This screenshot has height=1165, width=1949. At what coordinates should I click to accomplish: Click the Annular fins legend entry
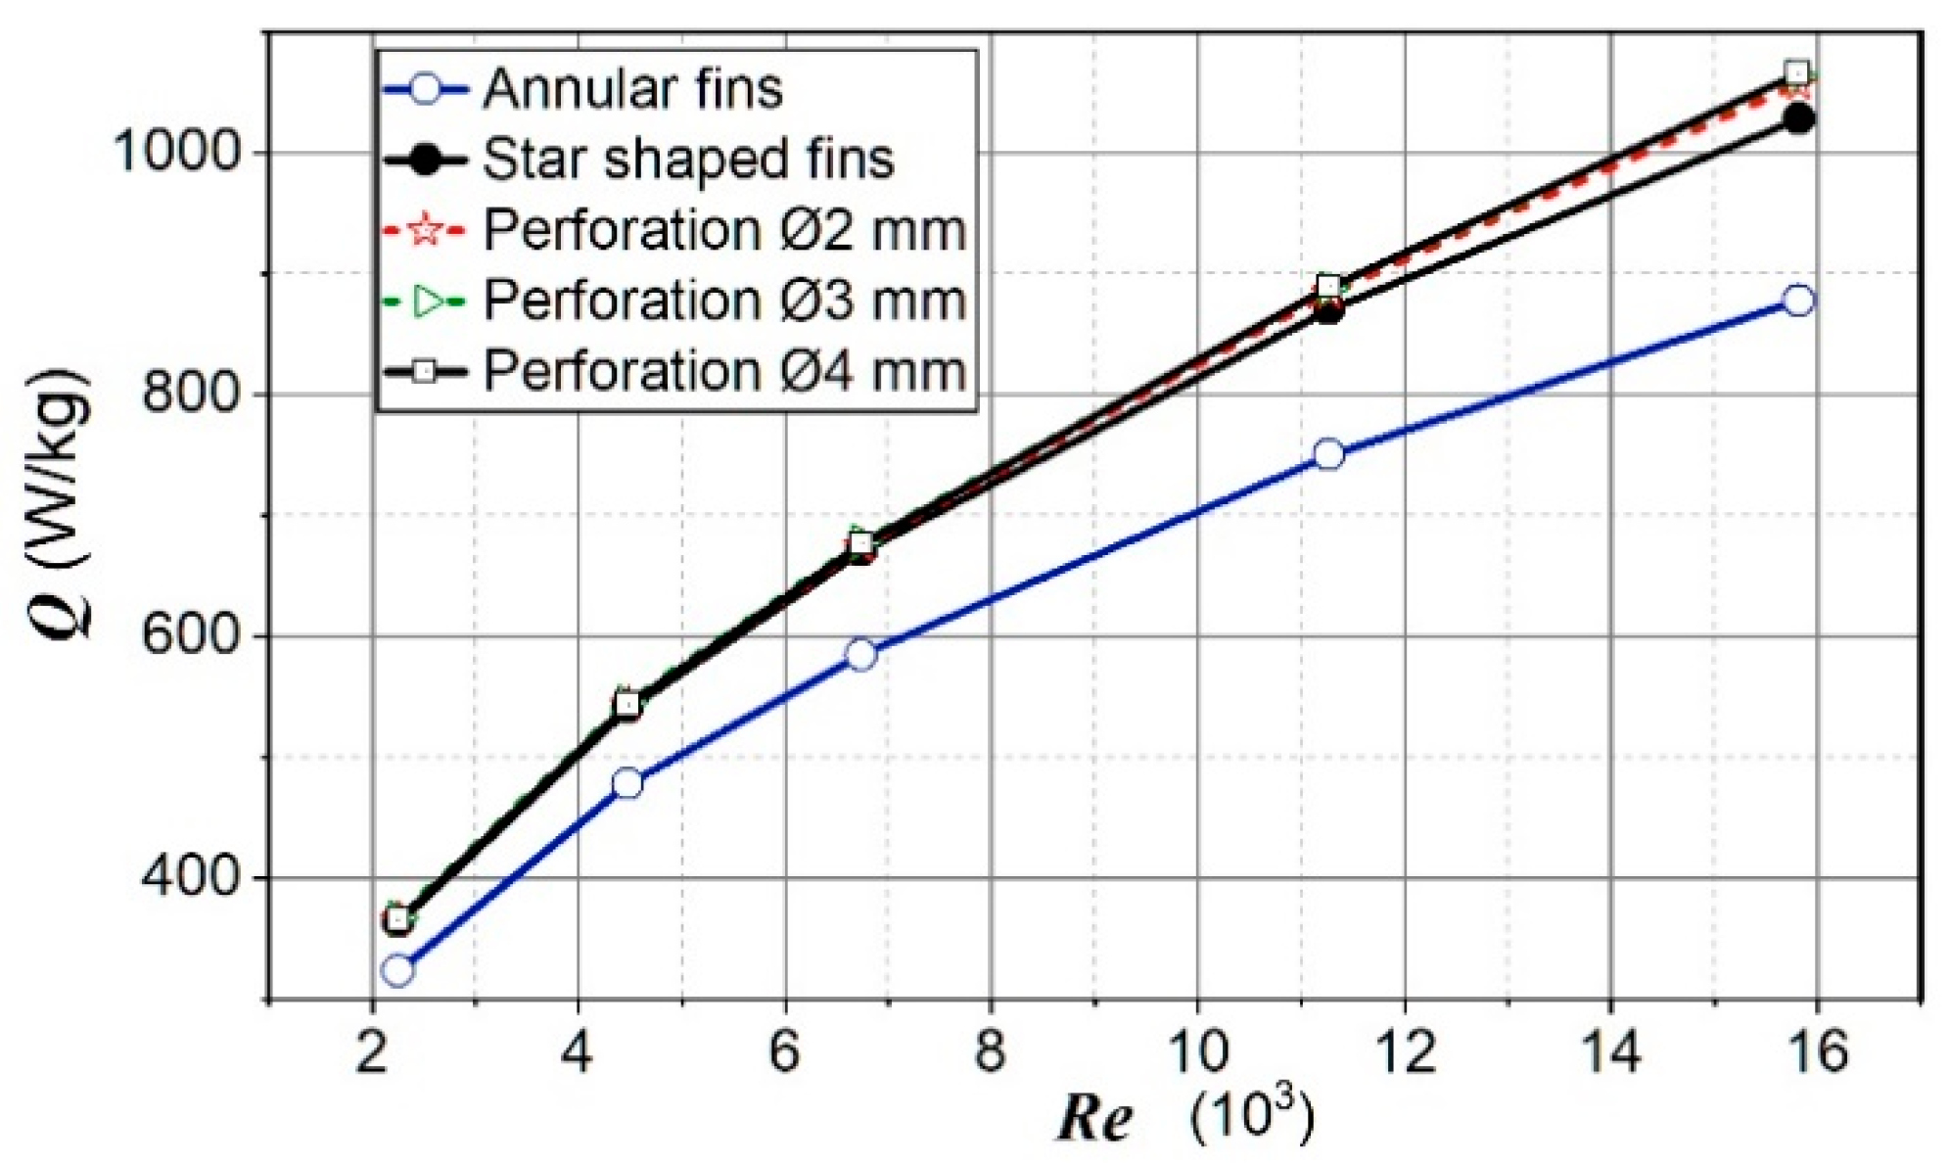click(631, 89)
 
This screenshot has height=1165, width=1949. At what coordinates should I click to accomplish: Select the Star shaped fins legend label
click(687, 160)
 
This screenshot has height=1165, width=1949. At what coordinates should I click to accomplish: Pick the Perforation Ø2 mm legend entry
click(723, 231)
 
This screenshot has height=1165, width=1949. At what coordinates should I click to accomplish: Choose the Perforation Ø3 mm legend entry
click(723, 301)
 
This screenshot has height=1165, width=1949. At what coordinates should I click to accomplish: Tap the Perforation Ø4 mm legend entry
click(723, 372)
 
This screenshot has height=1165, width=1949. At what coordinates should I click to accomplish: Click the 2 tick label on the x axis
click(372, 1053)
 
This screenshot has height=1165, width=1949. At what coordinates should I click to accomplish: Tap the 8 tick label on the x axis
click(991, 1053)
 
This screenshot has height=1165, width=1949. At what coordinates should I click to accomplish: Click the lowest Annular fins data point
click(397, 970)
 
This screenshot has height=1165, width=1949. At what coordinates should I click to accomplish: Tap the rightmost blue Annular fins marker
click(1798, 301)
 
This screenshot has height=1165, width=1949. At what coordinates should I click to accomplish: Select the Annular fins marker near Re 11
click(1328, 454)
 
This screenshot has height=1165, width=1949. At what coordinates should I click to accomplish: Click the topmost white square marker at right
click(1796, 72)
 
